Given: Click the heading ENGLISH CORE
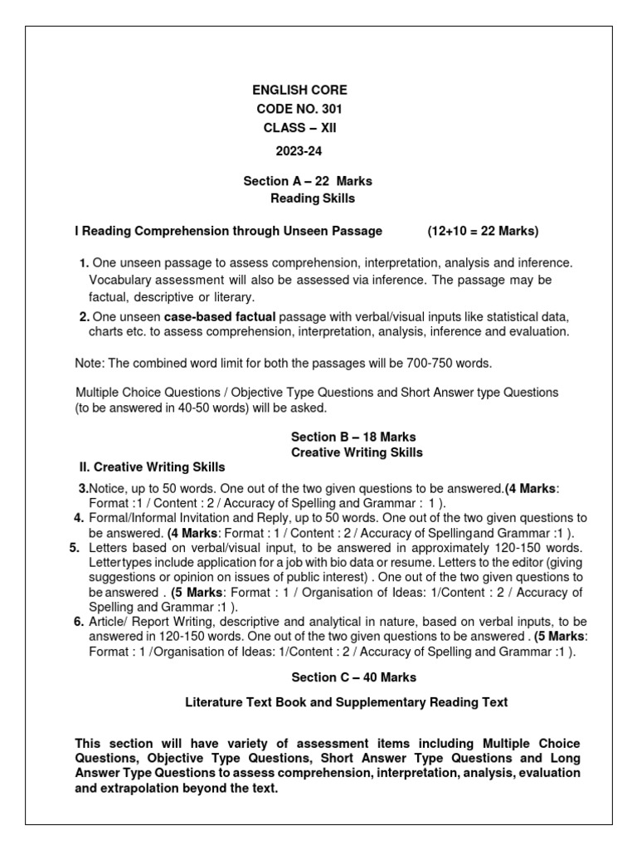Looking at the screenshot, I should click(299, 90).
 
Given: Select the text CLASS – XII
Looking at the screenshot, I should click(299, 128).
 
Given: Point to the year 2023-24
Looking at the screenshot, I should click(299, 151).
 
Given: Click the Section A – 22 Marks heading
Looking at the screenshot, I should click(307, 181).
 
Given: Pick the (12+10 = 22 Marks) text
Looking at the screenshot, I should click(483, 230).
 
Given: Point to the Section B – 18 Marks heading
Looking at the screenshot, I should click(353, 437).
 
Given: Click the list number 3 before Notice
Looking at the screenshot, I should click(82, 488).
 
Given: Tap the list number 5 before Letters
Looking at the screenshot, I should click(75, 548).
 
